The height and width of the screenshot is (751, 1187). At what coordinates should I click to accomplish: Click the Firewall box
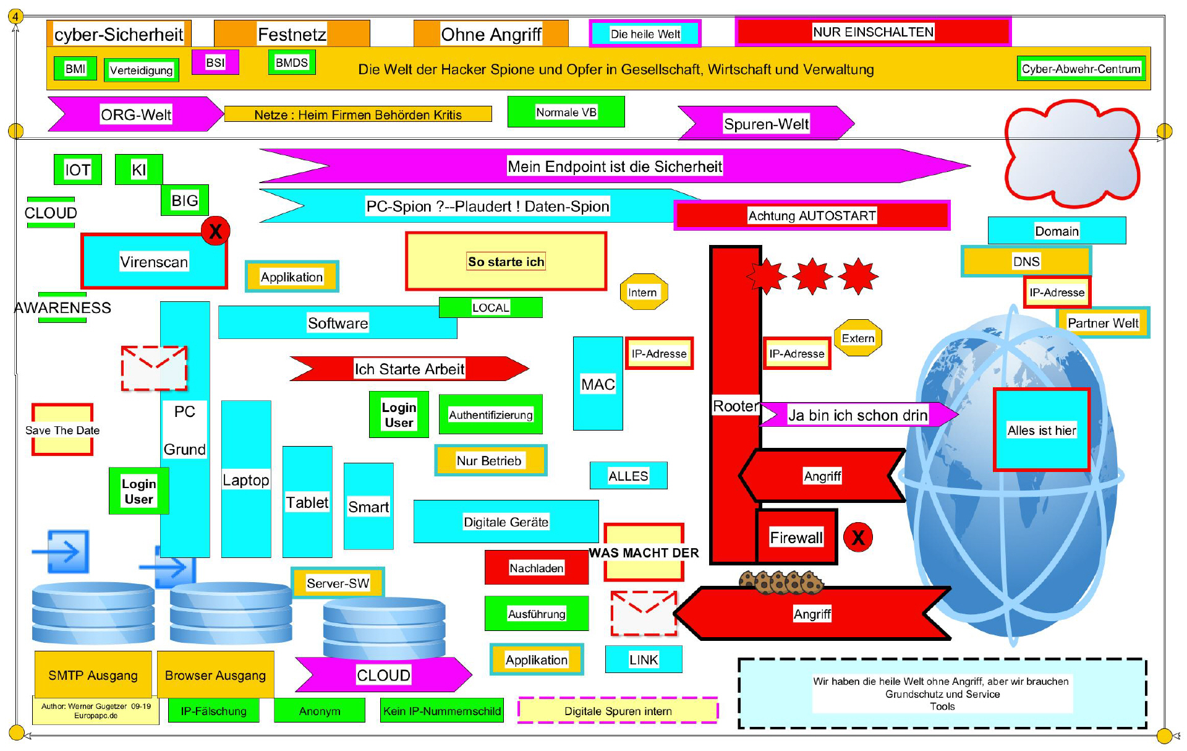click(796, 536)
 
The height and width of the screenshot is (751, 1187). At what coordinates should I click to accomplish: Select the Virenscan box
click(154, 262)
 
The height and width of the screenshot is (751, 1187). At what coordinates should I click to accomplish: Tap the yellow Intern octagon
click(644, 292)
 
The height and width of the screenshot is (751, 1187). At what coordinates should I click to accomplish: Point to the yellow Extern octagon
click(857, 338)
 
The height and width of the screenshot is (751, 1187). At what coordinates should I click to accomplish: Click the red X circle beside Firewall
click(858, 537)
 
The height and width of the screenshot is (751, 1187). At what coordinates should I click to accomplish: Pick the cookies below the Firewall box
click(781, 581)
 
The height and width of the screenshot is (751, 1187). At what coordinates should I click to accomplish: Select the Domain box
click(1057, 231)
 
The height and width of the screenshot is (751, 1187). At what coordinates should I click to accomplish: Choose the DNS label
click(1026, 261)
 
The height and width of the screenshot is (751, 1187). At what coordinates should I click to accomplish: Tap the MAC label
click(598, 384)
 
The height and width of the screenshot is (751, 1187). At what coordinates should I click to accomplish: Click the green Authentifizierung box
click(491, 414)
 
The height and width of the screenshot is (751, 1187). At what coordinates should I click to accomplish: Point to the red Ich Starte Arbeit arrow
click(409, 369)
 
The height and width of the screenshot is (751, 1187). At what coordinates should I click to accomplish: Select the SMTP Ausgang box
click(93, 675)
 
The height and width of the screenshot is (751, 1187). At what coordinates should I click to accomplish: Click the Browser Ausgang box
click(215, 675)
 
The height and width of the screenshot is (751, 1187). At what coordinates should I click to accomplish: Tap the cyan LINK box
click(644, 659)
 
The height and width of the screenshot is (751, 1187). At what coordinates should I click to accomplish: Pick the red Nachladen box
click(536, 567)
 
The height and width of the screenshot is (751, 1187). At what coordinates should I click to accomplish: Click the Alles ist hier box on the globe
click(1042, 430)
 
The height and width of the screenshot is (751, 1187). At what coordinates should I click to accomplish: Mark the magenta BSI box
click(215, 62)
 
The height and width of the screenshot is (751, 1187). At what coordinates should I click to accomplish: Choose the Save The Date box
click(62, 430)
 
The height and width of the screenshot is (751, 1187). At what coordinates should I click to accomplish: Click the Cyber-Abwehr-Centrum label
click(1081, 69)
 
